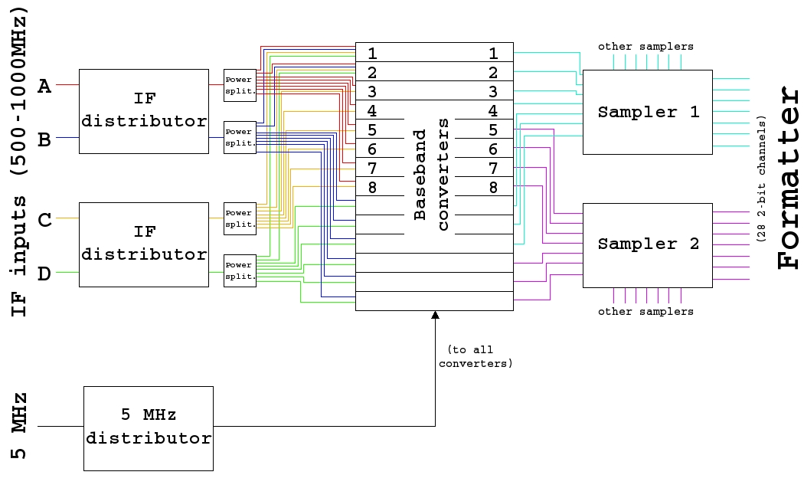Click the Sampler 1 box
coord(648,112)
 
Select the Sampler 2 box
coord(648,244)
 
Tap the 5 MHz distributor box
coord(148,428)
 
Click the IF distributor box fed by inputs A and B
coord(144,111)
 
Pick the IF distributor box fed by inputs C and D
coord(144,244)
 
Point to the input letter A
coord(45,86)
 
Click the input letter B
coord(45,139)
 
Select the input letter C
coord(45,220)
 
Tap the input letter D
coord(45,274)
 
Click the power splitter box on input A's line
coord(239,85)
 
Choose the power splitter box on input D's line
coord(239,270)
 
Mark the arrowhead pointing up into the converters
coord(435,315)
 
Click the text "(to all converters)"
coord(476,356)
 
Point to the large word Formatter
coord(789,178)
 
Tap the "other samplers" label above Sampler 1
coord(645,46)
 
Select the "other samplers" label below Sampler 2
coord(645,312)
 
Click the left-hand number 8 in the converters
coord(372,186)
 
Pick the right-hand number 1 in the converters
coord(494,53)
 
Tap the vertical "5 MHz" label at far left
coord(19,425)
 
